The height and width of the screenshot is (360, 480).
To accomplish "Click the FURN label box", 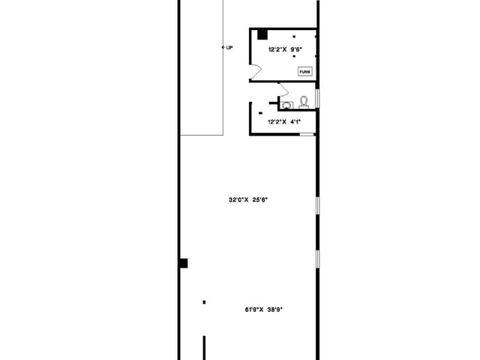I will click(x=304, y=72).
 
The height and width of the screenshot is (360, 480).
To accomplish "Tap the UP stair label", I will click(x=229, y=47).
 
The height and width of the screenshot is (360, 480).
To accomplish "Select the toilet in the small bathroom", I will click(x=304, y=101).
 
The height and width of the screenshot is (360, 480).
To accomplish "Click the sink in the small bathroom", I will click(x=286, y=105).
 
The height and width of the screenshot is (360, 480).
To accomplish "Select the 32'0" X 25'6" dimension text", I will click(x=248, y=199).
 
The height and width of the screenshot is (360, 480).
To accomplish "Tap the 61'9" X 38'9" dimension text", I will click(x=268, y=309).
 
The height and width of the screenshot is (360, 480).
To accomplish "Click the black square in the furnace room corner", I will click(x=262, y=34).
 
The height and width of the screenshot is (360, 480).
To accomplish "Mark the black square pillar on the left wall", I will click(x=183, y=263).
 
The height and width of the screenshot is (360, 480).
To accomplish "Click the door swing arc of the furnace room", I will click(x=256, y=72).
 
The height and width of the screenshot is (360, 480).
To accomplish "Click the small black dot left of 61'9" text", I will click(x=204, y=302).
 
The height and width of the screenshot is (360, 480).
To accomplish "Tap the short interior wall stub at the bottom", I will click(x=204, y=348).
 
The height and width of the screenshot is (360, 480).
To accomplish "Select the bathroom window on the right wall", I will click(x=316, y=99).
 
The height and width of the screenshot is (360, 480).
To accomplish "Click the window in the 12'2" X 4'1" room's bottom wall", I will click(x=307, y=134).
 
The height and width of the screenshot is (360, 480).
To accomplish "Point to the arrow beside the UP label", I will click(x=223, y=47).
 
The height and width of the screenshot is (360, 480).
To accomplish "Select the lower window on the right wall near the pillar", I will click(x=316, y=259).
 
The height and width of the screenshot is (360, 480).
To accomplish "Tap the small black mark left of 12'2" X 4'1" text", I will click(x=259, y=113).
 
